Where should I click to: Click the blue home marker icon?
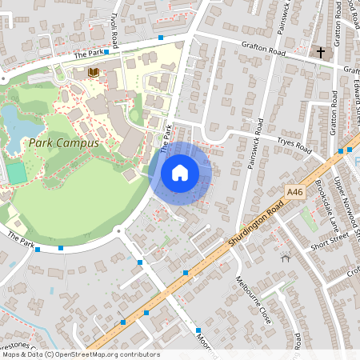coord(180,173)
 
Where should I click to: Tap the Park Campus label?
coord(63,143)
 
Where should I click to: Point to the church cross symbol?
coord(321,53)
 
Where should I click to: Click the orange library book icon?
coord(93,73)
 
